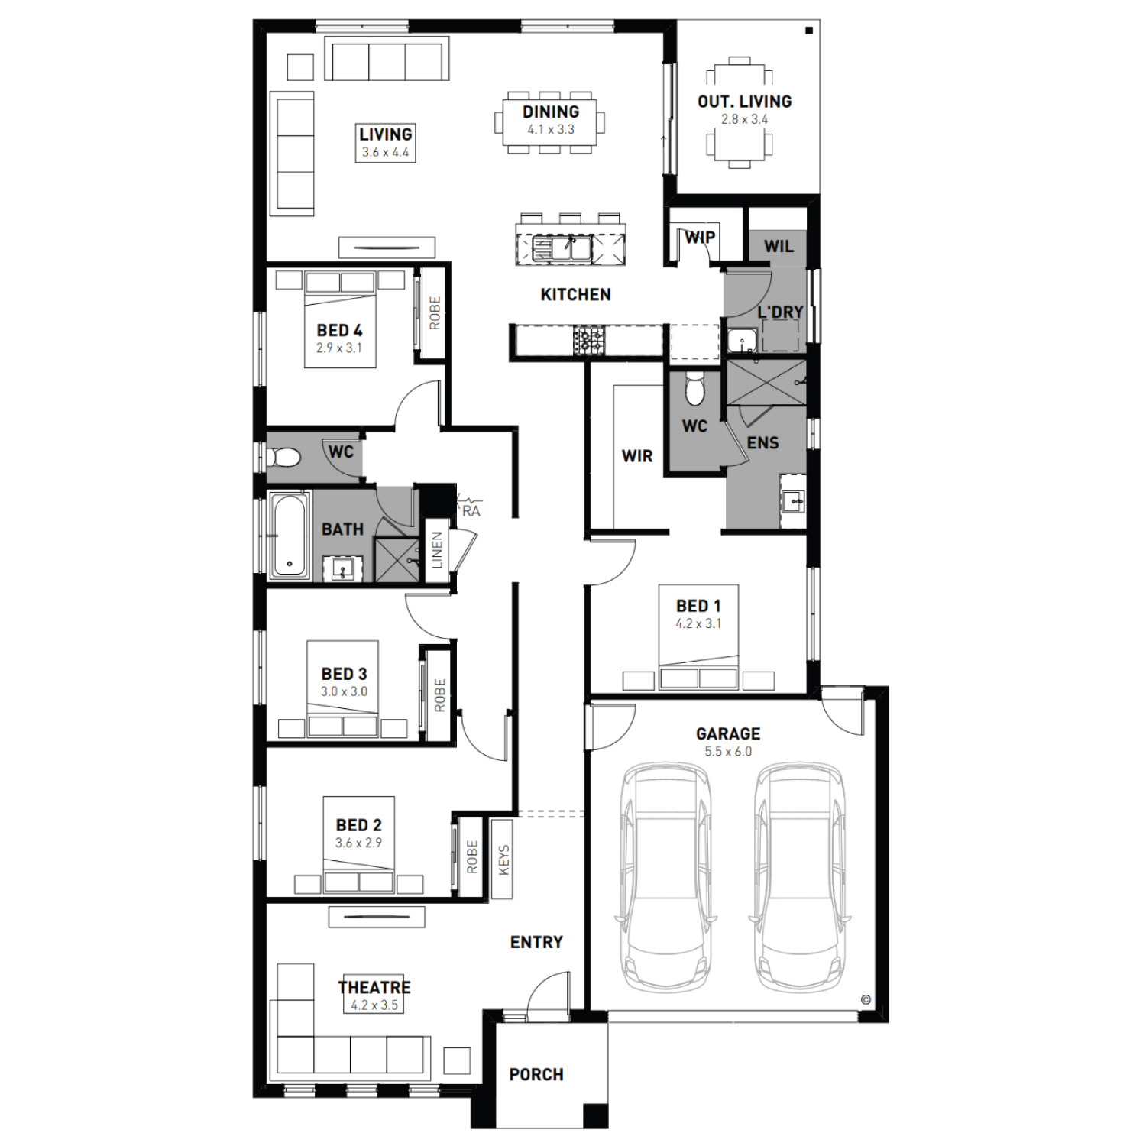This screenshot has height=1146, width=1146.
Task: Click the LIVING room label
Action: click(x=386, y=134)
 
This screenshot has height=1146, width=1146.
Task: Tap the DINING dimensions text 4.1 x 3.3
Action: click(x=551, y=130)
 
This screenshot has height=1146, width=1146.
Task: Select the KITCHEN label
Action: click(x=576, y=295)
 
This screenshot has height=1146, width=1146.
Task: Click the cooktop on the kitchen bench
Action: click(x=589, y=339)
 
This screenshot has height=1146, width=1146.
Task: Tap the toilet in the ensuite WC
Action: click(x=694, y=389)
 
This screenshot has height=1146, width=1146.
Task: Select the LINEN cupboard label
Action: click(x=437, y=550)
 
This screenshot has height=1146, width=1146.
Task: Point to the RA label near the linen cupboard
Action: click(x=471, y=511)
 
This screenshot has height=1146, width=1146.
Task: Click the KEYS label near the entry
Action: click(x=503, y=859)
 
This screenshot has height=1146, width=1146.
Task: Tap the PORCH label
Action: click(x=536, y=1075)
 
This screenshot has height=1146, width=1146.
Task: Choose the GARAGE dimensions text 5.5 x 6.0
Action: click(x=728, y=752)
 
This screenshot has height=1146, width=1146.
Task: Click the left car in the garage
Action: click(x=666, y=876)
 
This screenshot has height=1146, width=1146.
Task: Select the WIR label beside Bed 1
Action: click(x=637, y=456)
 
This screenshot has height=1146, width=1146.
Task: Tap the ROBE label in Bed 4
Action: click(x=435, y=313)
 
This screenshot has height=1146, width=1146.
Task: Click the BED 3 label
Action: click(x=344, y=674)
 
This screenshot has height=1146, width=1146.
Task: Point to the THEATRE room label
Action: click(x=374, y=987)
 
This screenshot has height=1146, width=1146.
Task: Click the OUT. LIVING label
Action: click(x=745, y=101)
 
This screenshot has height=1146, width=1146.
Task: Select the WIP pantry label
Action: click(x=700, y=237)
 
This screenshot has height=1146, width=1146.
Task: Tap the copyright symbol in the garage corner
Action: click(x=866, y=999)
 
